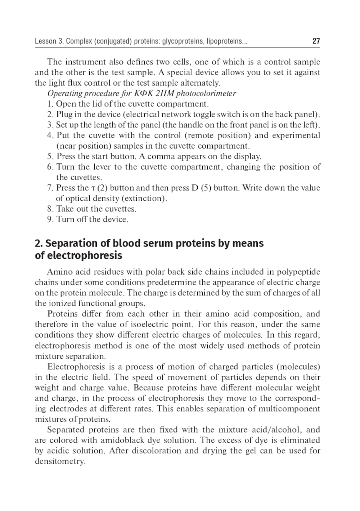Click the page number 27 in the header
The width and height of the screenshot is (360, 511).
tap(316, 41)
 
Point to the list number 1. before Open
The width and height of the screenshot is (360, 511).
tap(50, 104)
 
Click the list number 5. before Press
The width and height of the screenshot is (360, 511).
tap(50, 157)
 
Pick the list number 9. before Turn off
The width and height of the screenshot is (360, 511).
tap(50, 219)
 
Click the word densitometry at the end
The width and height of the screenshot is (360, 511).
tap(60, 461)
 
